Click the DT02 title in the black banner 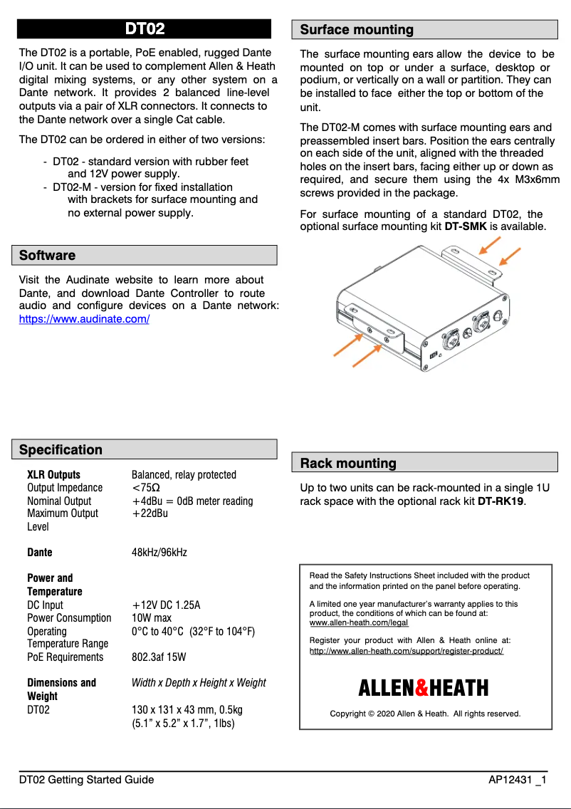tap(145, 28)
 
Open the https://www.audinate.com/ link tap(84, 320)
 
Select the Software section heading tap(47, 256)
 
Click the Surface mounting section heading tap(357, 30)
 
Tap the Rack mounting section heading tap(348, 464)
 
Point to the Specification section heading tap(61, 450)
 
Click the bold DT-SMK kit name tap(466, 227)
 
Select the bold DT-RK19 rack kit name tap(501, 501)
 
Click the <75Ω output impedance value tap(146, 488)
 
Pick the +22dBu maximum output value tap(150, 513)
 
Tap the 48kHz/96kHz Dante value tap(159, 553)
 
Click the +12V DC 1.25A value tap(166, 605)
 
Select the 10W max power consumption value tap(152, 618)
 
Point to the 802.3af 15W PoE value tap(159, 657)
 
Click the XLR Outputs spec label tap(53, 475)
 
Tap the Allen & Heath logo tap(423, 688)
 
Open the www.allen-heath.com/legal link tap(359, 622)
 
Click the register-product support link tap(407, 651)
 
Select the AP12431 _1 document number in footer tap(517, 780)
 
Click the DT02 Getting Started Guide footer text tap(86, 780)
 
